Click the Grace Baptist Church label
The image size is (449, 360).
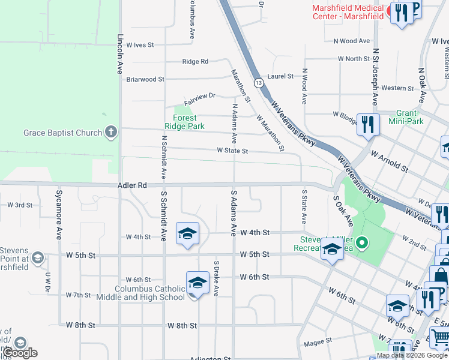tap(63, 133)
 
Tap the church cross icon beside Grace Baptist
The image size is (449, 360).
tap(110, 132)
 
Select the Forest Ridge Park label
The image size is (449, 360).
tap(184, 122)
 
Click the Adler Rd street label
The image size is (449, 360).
tap(133, 186)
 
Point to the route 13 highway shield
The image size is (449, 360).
tap(258, 82)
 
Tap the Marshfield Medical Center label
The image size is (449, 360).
tap(348, 12)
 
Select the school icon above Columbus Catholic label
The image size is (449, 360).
tap(198, 283)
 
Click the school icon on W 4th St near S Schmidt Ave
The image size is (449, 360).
tap(187, 233)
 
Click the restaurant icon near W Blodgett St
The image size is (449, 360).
tap(367, 125)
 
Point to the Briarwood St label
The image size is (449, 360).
tap(145, 79)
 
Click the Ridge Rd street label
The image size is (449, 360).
tap(195, 62)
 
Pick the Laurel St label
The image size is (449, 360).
tap(280, 76)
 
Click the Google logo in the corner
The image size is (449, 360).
tap(20, 353)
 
